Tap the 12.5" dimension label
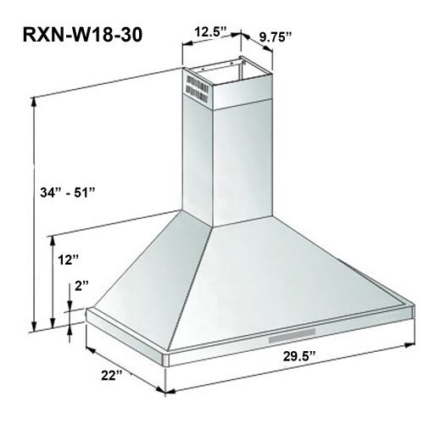[x=209, y=32]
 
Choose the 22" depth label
[x=107, y=374]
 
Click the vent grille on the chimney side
[x=195, y=87]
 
